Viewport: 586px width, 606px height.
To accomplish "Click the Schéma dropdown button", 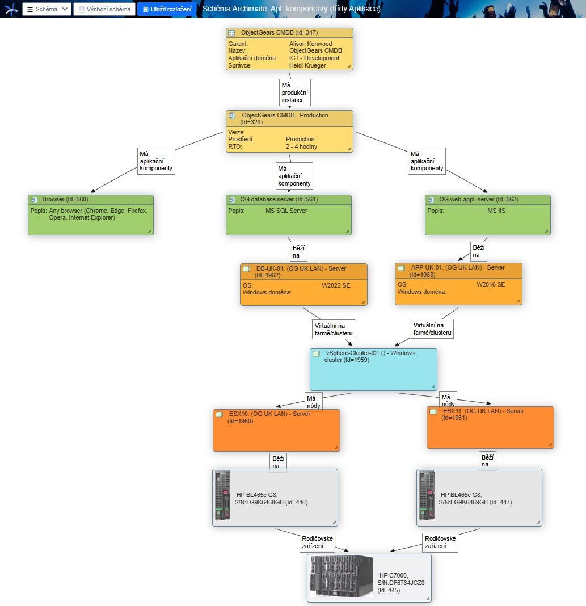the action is (47, 9).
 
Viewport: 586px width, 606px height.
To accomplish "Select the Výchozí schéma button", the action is (104, 9).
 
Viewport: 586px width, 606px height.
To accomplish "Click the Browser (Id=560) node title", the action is (65, 199).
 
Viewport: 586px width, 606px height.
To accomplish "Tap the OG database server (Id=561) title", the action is (279, 199).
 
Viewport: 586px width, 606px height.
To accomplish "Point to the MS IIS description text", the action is (496, 211).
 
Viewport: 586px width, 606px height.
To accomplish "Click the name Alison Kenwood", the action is (310, 44).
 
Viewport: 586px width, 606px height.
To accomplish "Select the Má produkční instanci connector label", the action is (295, 92).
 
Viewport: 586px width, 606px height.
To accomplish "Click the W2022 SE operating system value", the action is (336, 285).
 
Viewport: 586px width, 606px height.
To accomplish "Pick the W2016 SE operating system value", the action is (491, 284).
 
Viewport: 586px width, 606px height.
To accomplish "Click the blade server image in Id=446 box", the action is (222, 495).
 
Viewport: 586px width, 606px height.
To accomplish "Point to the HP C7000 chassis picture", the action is (342, 576).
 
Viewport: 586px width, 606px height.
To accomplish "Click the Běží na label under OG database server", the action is (298, 251).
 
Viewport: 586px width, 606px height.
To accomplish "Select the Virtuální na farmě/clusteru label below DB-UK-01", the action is (334, 329).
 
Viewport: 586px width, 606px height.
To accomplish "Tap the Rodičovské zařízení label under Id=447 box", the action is (440, 542).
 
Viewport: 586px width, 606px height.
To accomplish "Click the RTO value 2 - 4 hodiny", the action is (301, 146).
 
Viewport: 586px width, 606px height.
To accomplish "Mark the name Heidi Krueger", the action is (307, 65).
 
